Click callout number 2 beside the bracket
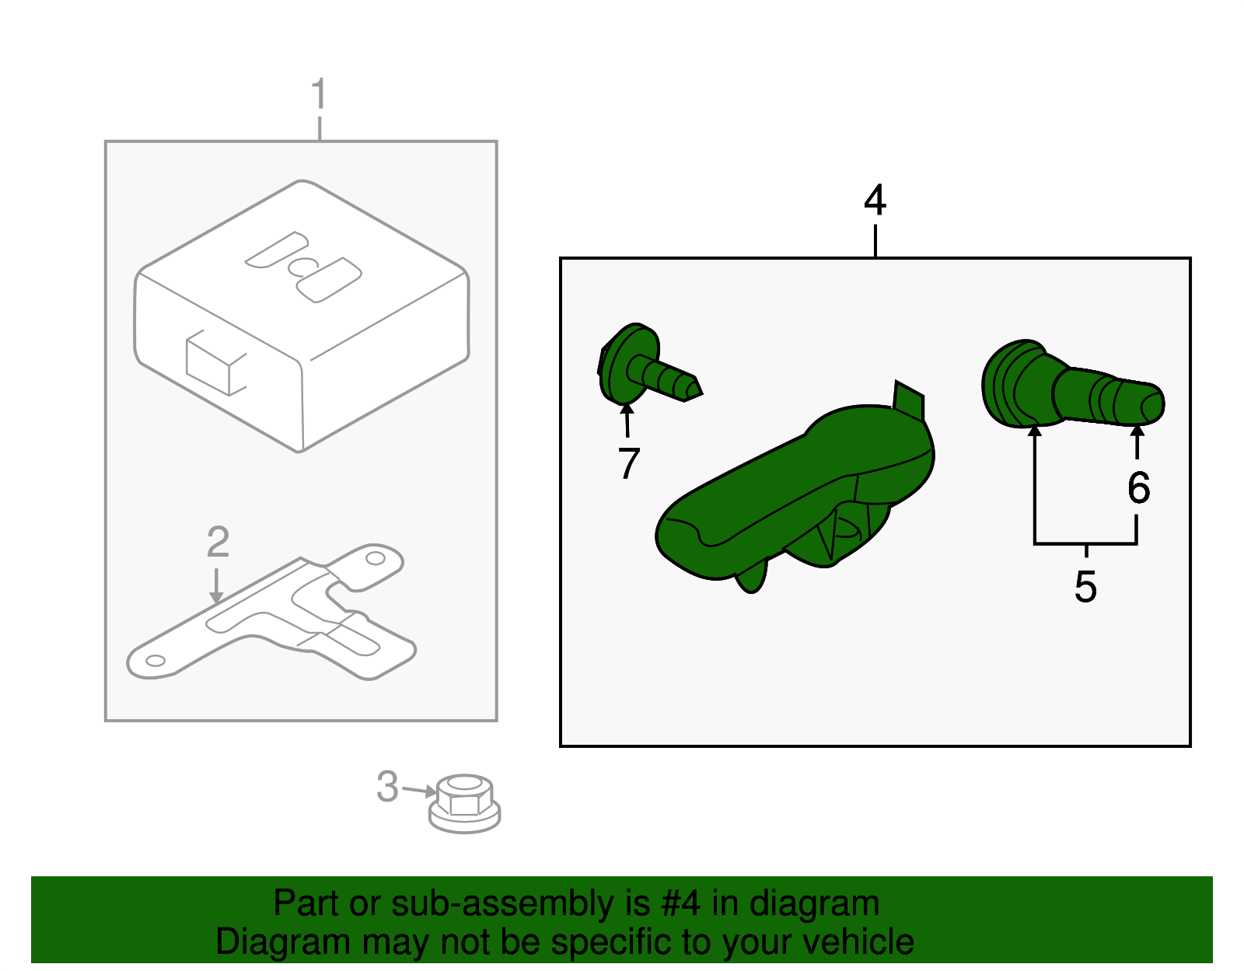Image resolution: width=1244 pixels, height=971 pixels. tap(218, 542)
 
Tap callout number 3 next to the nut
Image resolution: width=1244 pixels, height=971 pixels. tap(387, 787)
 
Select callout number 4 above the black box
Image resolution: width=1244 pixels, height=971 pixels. tap(875, 201)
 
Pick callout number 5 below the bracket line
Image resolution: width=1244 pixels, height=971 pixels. tap(1085, 586)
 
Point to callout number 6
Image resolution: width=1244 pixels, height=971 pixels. tap(1138, 488)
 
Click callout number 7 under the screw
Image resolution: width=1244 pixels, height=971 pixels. tap(628, 463)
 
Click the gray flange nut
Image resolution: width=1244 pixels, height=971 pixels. tap(464, 804)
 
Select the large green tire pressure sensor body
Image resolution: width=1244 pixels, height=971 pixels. tap(793, 498)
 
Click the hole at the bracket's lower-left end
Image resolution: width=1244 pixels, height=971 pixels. tap(155, 661)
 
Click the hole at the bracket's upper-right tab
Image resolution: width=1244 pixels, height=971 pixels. tap(376, 558)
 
